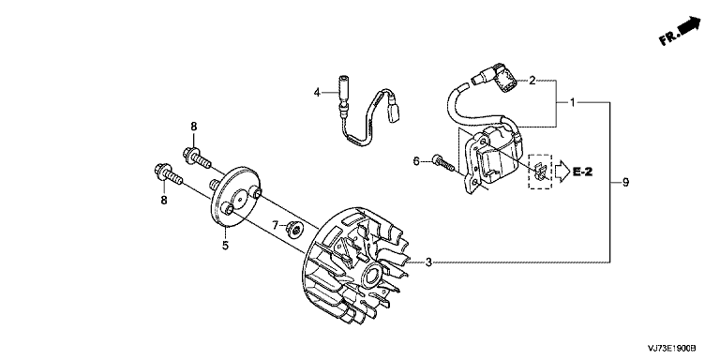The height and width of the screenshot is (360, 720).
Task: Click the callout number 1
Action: (x=572, y=102)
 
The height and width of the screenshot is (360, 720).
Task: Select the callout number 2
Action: (x=532, y=82)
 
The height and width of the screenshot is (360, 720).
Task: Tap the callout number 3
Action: (x=427, y=262)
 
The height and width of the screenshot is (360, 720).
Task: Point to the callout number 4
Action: (x=316, y=93)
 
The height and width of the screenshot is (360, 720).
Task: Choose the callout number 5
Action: (x=225, y=246)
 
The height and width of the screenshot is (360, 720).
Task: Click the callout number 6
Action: (x=416, y=161)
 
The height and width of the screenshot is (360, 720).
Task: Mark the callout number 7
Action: (x=275, y=225)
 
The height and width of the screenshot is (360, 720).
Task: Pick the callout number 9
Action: (x=625, y=182)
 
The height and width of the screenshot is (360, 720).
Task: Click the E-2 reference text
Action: (x=583, y=172)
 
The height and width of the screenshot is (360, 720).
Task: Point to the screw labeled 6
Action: (x=443, y=163)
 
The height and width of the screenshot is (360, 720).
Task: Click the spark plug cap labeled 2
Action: (x=503, y=79)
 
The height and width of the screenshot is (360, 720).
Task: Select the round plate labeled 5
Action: (x=235, y=197)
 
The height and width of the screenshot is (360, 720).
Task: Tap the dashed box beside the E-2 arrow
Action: (x=540, y=172)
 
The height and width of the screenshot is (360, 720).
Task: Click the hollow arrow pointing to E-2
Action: (x=562, y=172)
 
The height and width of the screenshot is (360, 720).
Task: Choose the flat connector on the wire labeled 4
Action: (x=392, y=112)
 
